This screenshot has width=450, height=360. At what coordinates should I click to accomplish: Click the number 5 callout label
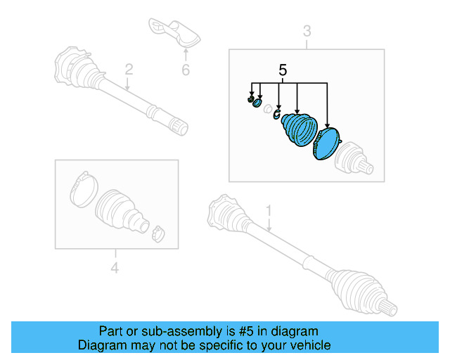click(x=283, y=70)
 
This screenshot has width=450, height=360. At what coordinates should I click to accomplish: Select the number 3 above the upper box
click(x=307, y=31)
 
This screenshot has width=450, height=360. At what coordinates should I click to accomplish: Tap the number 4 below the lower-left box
click(x=115, y=267)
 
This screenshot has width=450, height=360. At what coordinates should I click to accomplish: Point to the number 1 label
click(x=268, y=210)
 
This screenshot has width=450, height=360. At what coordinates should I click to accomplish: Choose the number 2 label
click(x=129, y=69)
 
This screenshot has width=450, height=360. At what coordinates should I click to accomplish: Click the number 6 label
click(x=186, y=70)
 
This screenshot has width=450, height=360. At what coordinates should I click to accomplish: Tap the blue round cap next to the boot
click(x=326, y=144)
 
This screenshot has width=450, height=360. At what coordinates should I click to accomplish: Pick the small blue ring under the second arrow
click(x=258, y=103)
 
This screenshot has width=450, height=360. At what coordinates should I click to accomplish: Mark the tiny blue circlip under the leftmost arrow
click(x=250, y=100)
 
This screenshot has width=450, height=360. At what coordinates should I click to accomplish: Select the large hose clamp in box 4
click(x=82, y=187)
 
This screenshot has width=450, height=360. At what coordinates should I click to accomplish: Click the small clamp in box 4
click(x=158, y=233)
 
